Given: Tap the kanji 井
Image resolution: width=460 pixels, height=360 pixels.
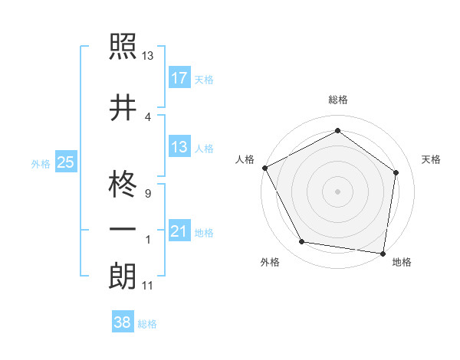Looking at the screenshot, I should click(x=123, y=107).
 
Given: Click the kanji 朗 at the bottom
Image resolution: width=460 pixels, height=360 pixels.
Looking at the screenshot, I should click(x=123, y=277).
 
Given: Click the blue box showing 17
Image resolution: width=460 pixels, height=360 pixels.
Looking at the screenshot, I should click(x=179, y=78).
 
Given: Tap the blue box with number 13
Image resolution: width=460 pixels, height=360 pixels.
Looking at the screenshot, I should click(x=179, y=147).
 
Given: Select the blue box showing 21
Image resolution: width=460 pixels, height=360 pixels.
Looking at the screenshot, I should click(x=179, y=231).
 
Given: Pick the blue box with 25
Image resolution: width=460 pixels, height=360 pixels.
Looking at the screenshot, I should click(x=65, y=162).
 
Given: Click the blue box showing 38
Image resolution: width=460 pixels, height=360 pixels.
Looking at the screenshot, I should click(x=122, y=323).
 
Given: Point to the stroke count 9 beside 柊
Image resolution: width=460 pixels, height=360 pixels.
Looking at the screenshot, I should click(x=147, y=195).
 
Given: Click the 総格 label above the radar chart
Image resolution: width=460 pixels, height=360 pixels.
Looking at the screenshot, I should click(x=337, y=100).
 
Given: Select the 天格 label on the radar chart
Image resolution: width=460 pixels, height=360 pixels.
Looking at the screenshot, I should click(x=432, y=159).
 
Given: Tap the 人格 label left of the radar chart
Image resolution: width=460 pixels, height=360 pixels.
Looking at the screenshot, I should click(x=245, y=159).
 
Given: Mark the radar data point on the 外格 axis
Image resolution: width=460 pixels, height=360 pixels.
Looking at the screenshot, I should click(x=302, y=242).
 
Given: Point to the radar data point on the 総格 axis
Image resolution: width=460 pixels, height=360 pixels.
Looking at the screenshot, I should click(x=337, y=131).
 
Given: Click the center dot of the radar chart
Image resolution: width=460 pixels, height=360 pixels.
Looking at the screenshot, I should click(x=337, y=191).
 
